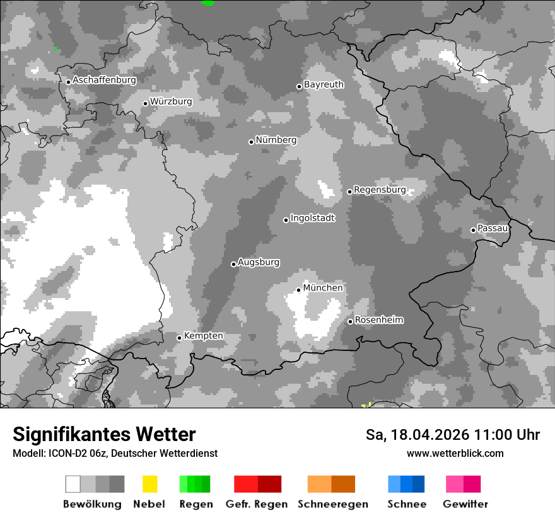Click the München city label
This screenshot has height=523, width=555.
(323, 288)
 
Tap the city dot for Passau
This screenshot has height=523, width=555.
(473, 230)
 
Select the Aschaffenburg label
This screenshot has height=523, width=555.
(104, 80)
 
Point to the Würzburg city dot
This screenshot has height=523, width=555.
(145, 103)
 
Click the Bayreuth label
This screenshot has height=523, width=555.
(324, 84)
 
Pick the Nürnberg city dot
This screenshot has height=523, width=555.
(251, 142)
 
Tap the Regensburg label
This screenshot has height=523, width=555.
(380, 190)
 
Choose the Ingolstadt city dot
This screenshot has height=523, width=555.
(286, 220)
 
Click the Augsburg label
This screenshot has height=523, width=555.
(259, 262)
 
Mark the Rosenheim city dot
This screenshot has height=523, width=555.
(350, 322)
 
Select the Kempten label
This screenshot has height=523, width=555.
(203, 336)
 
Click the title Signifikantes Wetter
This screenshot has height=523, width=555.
(104, 434)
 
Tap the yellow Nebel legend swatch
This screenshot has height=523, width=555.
(149, 484)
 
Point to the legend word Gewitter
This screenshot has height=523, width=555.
(465, 504)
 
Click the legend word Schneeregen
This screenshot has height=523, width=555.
(331, 504)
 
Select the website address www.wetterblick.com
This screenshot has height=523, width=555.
(455, 453)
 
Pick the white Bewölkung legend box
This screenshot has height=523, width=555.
(73, 484)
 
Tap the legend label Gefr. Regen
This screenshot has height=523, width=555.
(257, 504)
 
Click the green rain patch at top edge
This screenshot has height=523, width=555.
(207, 3)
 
